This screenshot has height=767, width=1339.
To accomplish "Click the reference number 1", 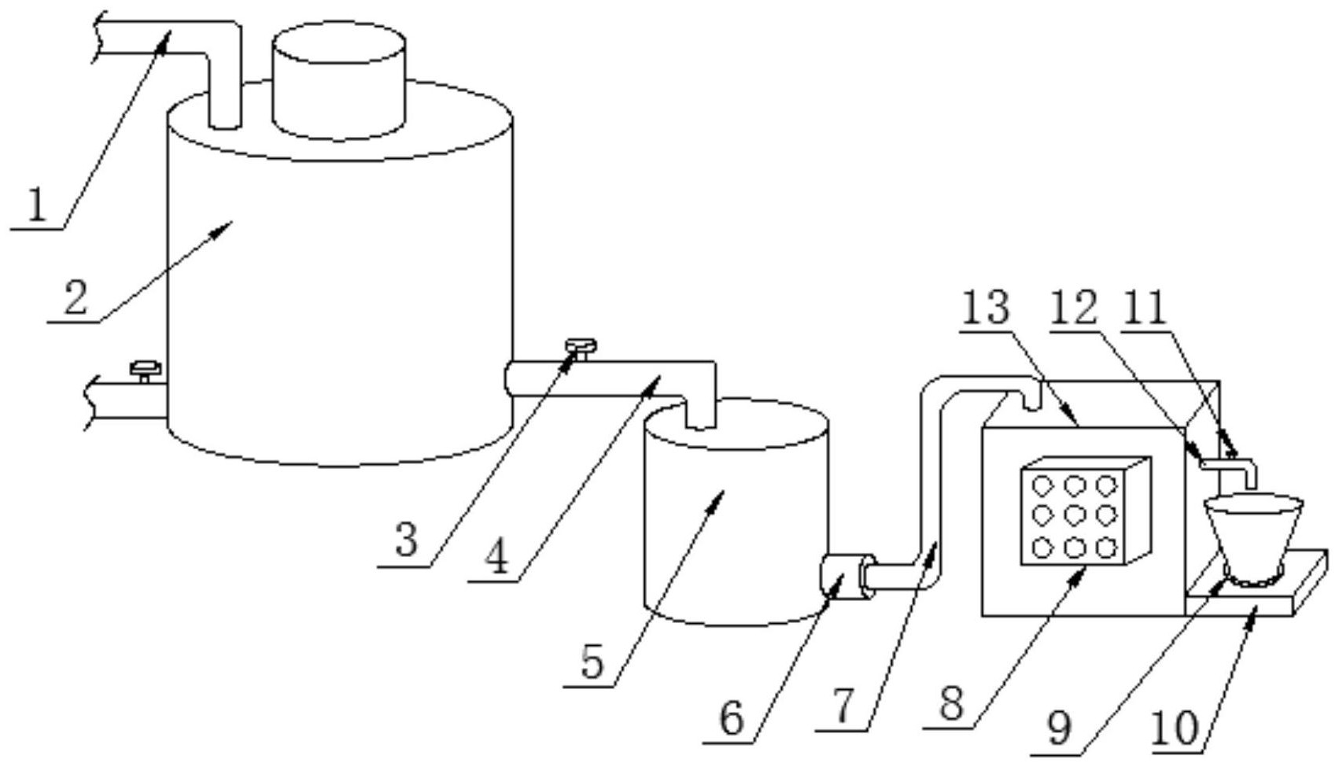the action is tap(35, 206).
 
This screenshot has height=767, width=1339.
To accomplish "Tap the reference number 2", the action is tap(76, 299).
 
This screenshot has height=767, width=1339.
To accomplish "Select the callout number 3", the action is tap(406, 540).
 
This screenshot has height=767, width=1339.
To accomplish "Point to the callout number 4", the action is tap(496, 559).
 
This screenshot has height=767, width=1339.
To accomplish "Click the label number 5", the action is tap(593, 662).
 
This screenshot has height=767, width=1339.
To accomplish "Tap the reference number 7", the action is tap(843, 706).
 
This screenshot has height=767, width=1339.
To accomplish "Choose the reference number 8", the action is tap(951, 702).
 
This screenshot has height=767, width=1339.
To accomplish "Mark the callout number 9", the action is tap(1060, 728).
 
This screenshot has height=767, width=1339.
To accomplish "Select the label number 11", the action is tap(1145, 308).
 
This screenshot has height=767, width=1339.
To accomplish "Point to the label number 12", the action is tap(1075, 308).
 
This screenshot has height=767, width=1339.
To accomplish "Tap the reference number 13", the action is tap(986, 308).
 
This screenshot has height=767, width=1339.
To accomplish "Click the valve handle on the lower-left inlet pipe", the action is tap(146, 367).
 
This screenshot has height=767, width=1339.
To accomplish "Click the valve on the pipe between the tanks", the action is tap(581, 346).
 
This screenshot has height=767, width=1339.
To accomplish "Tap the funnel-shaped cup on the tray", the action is tap(1252, 537).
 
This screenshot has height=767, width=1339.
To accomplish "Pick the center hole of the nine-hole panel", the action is tap(1075, 515).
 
